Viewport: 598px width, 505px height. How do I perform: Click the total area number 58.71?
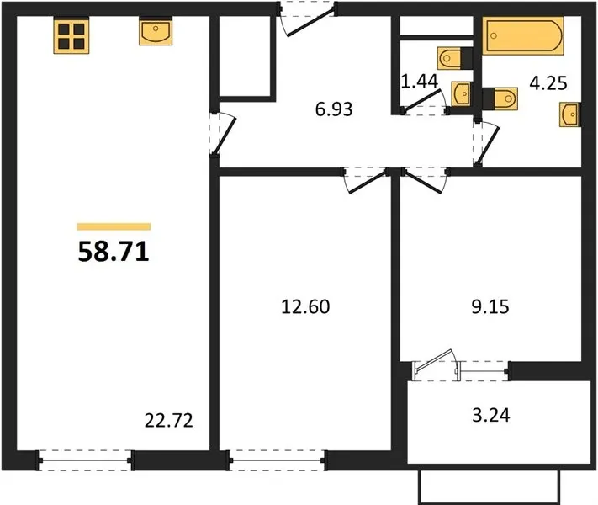[x=114, y=252]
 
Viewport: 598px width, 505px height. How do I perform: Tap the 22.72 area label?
[x=169, y=421]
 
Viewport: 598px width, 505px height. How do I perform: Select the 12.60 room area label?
[x=305, y=306]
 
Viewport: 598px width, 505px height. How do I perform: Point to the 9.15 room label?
[x=490, y=306]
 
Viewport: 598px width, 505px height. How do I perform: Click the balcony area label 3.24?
[x=491, y=415]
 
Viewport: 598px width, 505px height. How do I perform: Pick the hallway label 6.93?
[x=334, y=109]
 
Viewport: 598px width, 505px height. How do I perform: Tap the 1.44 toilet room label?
[x=420, y=82]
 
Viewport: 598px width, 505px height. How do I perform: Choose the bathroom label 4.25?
[x=548, y=82]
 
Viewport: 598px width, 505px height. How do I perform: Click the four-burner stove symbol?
[x=71, y=35]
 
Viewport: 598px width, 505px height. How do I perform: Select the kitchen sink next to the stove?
[x=156, y=31]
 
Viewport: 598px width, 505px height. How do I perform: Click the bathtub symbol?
[x=523, y=36]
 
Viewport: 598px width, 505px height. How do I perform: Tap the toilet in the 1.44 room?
[x=455, y=58]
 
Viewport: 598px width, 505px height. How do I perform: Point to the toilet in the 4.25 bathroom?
[x=500, y=98]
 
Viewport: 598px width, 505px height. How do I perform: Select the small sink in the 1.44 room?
[x=462, y=93]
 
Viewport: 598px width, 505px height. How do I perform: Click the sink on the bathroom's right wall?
[x=570, y=114]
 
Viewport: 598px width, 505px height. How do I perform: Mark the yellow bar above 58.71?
[x=114, y=226]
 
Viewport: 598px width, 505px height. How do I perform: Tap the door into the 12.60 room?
[x=366, y=180]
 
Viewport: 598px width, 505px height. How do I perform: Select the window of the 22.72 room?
[x=85, y=460]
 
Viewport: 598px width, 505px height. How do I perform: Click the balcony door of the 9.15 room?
[x=436, y=365]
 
